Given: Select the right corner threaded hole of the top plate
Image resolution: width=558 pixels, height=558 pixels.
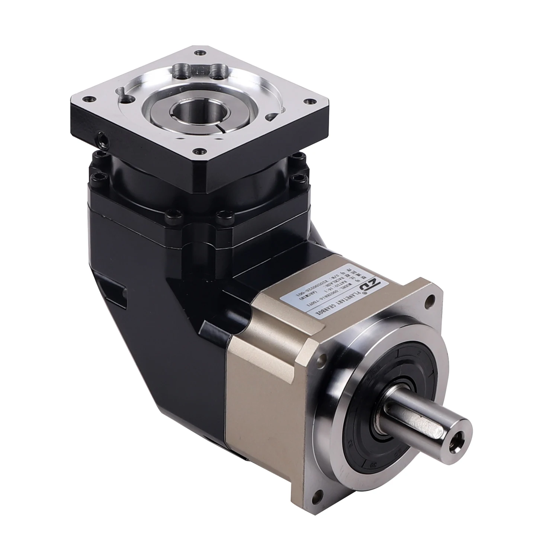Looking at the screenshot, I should click(308, 100).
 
